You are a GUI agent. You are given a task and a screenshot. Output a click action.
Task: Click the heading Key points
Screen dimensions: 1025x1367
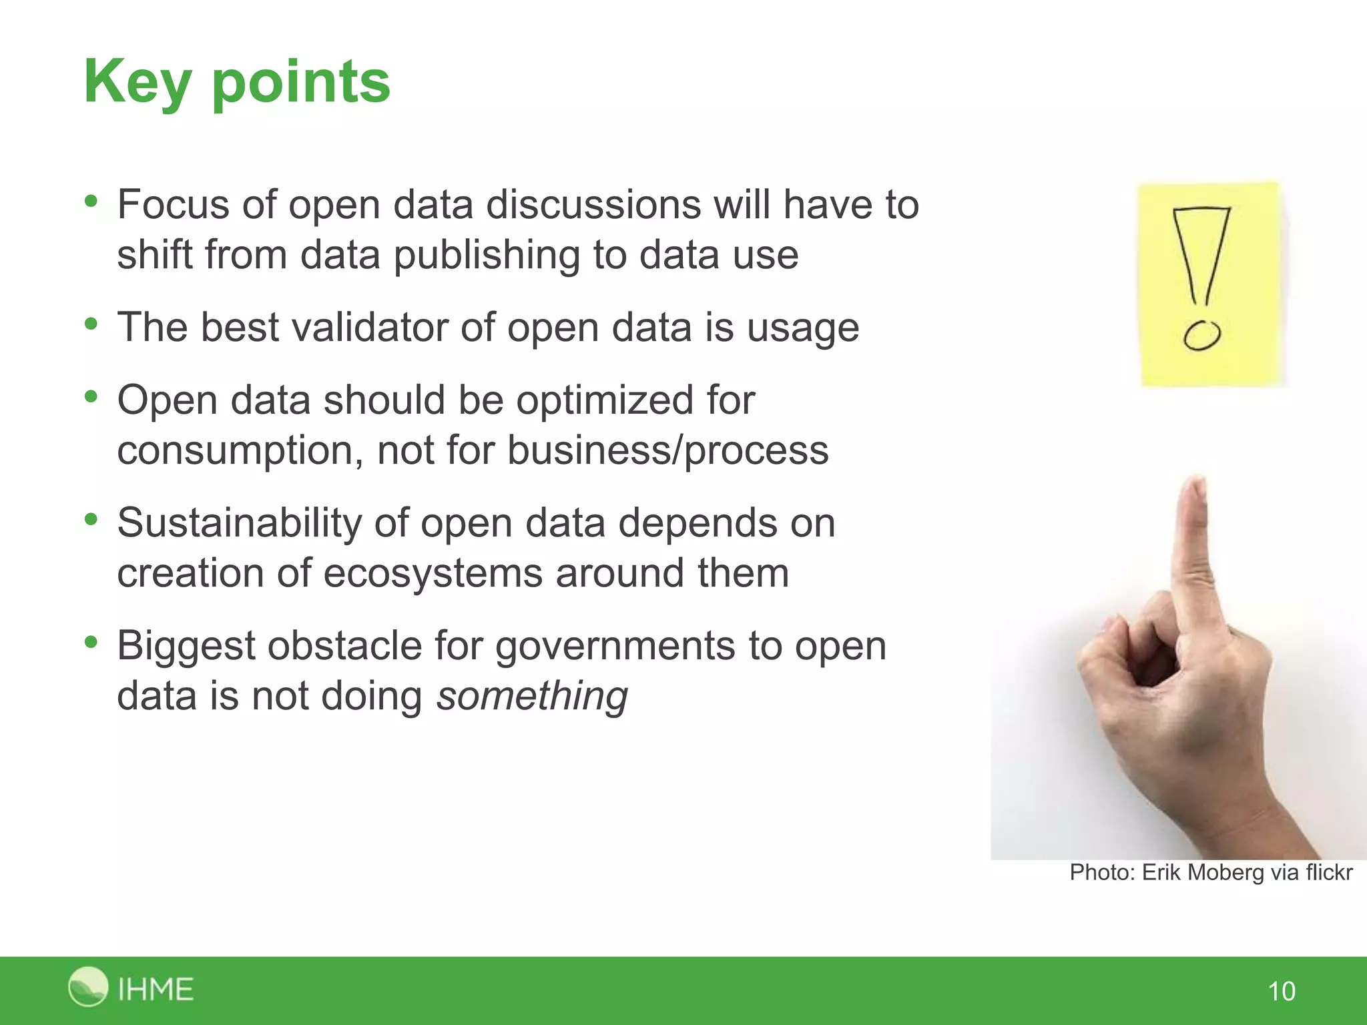[x=237, y=82]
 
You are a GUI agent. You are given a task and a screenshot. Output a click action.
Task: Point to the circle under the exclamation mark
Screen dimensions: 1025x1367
[x=1202, y=335]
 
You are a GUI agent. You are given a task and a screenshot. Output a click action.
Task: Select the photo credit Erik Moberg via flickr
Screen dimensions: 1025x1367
[x=1211, y=872]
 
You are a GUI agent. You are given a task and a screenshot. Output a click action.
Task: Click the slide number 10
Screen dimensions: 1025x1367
[x=1281, y=991]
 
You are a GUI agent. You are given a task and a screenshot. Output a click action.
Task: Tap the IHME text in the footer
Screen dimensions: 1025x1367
[x=156, y=989]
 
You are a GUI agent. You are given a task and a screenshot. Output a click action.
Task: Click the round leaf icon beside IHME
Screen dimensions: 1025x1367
[x=87, y=986]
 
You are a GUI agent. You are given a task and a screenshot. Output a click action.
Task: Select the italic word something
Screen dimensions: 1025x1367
[x=532, y=696]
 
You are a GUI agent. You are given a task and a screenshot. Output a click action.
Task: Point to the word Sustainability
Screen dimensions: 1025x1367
[x=239, y=523]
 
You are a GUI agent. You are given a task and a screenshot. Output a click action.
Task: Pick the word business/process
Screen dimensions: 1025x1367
[x=667, y=450]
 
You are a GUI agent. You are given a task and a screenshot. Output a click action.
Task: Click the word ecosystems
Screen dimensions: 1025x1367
[x=433, y=573]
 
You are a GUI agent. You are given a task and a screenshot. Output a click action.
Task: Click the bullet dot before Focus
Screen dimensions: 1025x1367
[x=91, y=201]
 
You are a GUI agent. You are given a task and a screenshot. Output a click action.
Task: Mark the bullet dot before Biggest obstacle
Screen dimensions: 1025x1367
[x=91, y=643]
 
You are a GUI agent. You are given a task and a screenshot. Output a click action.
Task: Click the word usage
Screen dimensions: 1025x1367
[x=802, y=328]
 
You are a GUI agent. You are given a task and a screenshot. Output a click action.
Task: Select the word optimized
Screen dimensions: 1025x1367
[x=604, y=400]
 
